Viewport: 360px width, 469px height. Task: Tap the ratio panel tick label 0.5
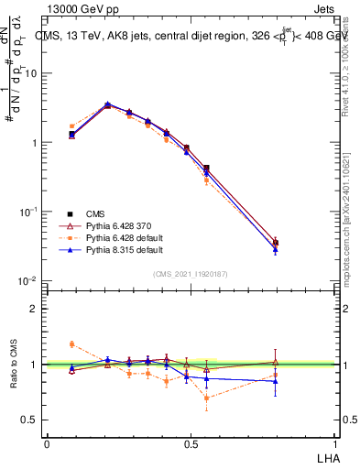(33, 420)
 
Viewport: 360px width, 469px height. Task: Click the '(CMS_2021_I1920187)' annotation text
(191, 274)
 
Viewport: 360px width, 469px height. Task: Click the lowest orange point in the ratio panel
(206, 398)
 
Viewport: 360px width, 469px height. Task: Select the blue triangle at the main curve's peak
(107, 104)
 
